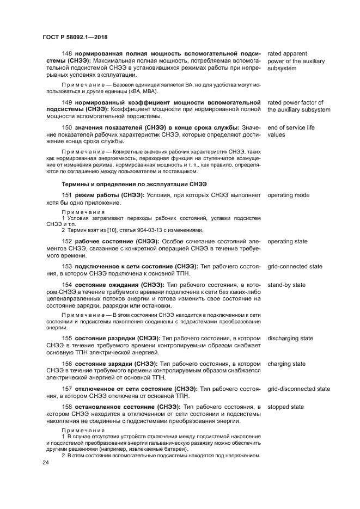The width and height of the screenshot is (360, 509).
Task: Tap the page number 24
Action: tap(45, 463)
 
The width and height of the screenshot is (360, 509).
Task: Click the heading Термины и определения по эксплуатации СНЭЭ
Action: tap(134, 183)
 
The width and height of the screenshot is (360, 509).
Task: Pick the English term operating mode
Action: tap(288, 195)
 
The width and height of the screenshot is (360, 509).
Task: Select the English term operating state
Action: tap(288, 241)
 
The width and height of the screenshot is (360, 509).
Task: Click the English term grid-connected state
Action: tap(295, 267)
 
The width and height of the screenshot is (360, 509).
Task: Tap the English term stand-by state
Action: tap(286, 285)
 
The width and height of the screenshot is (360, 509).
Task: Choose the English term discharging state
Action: tap(290, 338)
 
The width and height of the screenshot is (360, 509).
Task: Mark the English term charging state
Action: tap(286, 364)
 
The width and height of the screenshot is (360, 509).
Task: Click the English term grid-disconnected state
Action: tap(298, 389)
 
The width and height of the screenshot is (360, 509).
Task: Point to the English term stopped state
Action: tap(285, 407)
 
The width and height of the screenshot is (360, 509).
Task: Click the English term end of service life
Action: tap(291, 127)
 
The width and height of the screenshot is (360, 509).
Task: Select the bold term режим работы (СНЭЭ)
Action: tap(109, 195)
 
